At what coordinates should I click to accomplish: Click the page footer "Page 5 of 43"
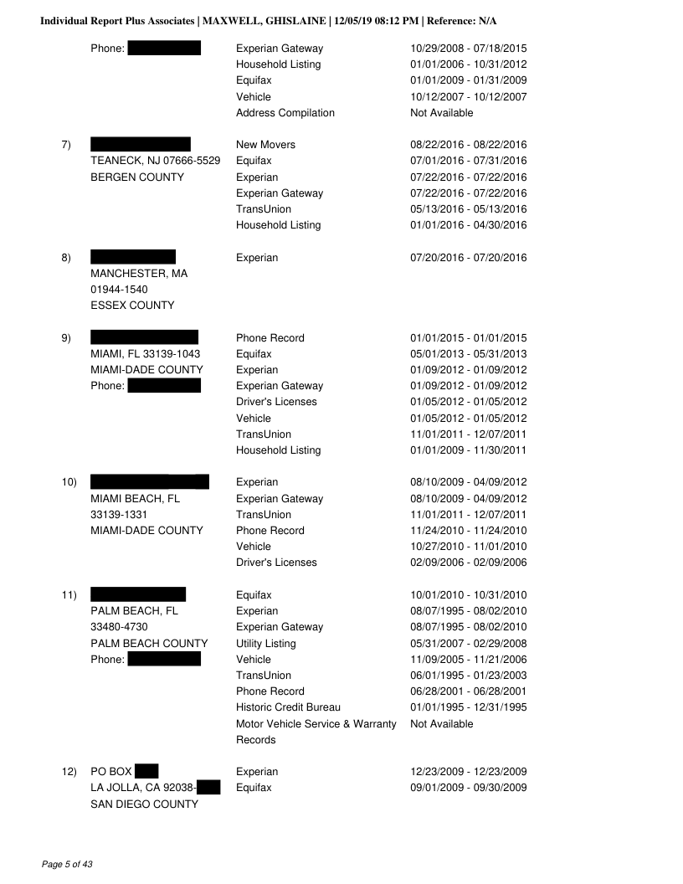click(x=67, y=863)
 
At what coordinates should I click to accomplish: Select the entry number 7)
click(x=66, y=145)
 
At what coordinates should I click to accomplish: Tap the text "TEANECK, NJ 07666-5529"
click(x=155, y=161)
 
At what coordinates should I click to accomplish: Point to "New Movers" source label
click(x=265, y=145)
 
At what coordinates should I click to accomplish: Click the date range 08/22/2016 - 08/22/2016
click(x=468, y=145)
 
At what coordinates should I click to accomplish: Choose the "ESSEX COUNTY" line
click(x=132, y=306)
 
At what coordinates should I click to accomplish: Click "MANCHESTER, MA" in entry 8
click(x=139, y=274)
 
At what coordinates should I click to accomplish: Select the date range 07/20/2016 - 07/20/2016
click(x=468, y=258)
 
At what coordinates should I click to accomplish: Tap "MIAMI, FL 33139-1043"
click(x=145, y=354)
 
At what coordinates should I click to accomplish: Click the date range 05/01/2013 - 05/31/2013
click(x=468, y=354)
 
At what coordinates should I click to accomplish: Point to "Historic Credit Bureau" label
click(x=288, y=708)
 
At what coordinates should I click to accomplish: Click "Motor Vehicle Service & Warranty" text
click(x=316, y=724)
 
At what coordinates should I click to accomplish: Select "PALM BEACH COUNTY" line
click(x=149, y=644)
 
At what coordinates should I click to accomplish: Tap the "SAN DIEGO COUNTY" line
click(x=144, y=804)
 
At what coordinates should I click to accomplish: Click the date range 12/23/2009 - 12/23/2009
click(x=468, y=772)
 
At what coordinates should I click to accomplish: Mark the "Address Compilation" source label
click(x=285, y=113)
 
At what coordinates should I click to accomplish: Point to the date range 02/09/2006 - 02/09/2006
click(x=468, y=563)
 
